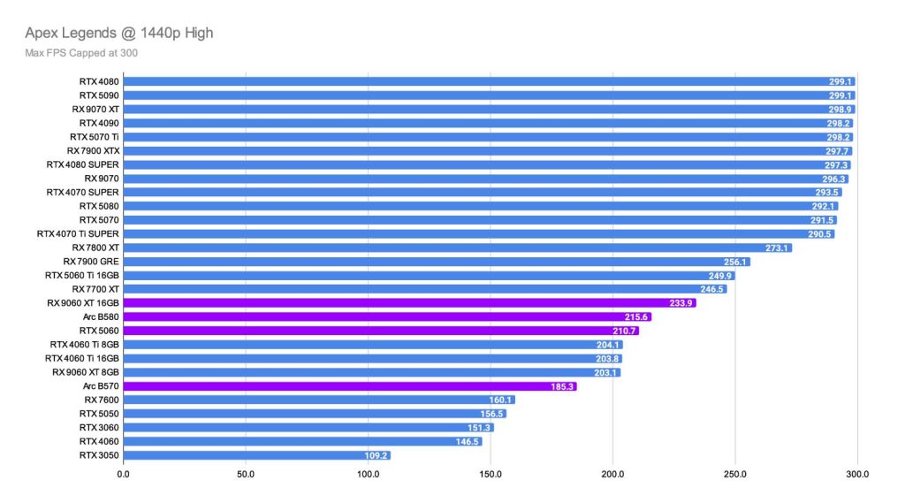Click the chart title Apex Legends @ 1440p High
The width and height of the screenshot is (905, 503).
120,34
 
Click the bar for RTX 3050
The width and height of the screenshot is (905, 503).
256,455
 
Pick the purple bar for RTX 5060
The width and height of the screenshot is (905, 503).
380,331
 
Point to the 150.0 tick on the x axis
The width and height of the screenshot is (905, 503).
491,474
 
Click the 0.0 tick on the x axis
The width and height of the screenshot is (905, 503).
123,474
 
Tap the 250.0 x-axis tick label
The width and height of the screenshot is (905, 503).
735,474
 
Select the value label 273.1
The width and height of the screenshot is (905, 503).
776,248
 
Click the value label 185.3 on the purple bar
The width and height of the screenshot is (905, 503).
561,386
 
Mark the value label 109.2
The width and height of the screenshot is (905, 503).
376,455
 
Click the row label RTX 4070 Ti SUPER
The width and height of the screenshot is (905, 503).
78,233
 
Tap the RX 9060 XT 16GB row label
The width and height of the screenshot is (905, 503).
83,302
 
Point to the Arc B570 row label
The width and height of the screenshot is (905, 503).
101,386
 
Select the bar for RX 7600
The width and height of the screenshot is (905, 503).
318,400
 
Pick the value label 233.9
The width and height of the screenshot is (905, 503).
681,303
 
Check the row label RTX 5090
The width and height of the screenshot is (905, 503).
99,95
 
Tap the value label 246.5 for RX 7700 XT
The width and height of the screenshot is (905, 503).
711,289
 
